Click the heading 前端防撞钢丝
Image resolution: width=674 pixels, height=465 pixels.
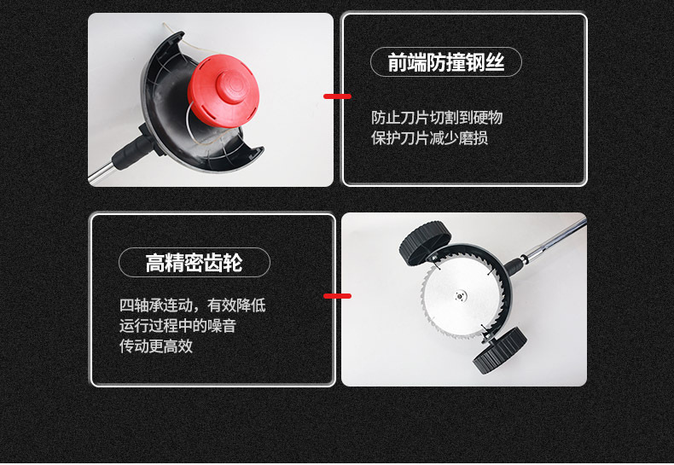pyautogui.click(x=445, y=63)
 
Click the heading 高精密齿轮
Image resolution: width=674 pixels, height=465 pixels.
pyautogui.click(x=194, y=263)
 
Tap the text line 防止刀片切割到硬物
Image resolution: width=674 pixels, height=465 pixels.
pyautogui.click(x=437, y=118)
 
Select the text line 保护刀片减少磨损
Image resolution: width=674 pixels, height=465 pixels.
pyautogui.click(x=429, y=138)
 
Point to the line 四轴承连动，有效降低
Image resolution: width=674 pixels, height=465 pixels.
pyautogui.click(x=193, y=305)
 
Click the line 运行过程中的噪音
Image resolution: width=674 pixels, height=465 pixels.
pyautogui.click(x=178, y=325)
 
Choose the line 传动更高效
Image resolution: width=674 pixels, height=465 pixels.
pyautogui.click(x=156, y=346)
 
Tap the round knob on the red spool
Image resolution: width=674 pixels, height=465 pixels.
pyautogui.click(x=234, y=86)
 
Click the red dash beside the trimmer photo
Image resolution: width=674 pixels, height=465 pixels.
pyautogui.click(x=337, y=96)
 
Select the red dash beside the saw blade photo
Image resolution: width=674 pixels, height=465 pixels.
pyautogui.click(x=337, y=296)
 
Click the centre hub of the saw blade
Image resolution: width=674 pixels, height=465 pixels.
pyautogui.click(x=460, y=296)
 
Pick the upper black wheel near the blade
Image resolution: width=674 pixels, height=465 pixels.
pyautogui.click(x=425, y=243)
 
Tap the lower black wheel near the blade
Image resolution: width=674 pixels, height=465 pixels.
pyautogui.click(x=499, y=351)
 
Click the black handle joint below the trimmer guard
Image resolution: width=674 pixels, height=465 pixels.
pyautogui.click(x=132, y=149)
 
